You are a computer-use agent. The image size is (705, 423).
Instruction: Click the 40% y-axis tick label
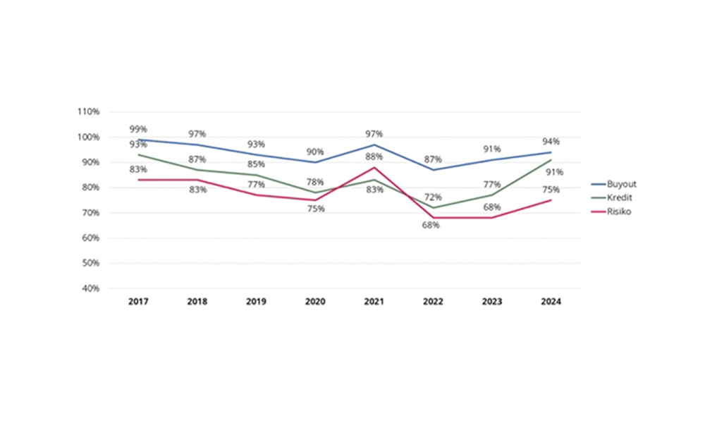click(x=91, y=288)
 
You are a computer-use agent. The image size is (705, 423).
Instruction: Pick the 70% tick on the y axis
click(x=91, y=213)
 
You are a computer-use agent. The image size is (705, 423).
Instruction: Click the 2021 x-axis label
click(x=374, y=302)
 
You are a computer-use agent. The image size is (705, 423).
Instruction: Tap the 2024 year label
click(x=551, y=302)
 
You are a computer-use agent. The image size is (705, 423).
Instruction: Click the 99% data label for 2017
click(x=138, y=129)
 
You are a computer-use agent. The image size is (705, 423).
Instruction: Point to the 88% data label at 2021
click(x=374, y=157)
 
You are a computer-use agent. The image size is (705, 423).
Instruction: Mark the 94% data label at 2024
click(x=551, y=142)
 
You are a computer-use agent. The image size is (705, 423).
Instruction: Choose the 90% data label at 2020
click(x=314, y=152)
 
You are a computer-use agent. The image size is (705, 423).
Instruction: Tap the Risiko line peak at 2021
click(x=374, y=167)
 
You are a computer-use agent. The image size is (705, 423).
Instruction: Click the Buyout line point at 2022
click(x=433, y=170)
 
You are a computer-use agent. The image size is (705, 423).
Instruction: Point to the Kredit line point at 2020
click(x=314, y=192)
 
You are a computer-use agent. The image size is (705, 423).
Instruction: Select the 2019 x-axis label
click(x=255, y=302)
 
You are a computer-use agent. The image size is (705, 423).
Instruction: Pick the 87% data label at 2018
click(x=197, y=159)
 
